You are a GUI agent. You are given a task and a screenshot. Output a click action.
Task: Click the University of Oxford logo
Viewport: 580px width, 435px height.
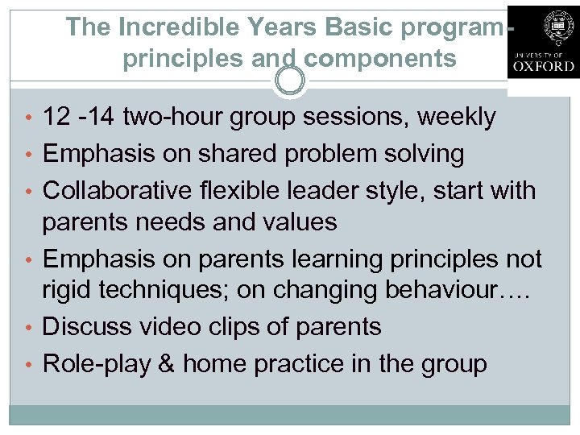pyautogui.click(x=542, y=41)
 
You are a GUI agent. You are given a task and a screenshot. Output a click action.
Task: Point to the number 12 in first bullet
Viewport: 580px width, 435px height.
pyautogui.click(x=56, y=117)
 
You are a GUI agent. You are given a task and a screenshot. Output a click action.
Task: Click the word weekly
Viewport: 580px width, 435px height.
pyautogui.click(x=457, y=117)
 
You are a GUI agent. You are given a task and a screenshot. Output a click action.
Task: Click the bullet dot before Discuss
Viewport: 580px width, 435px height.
pyautogui.click(x=31, y=327)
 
